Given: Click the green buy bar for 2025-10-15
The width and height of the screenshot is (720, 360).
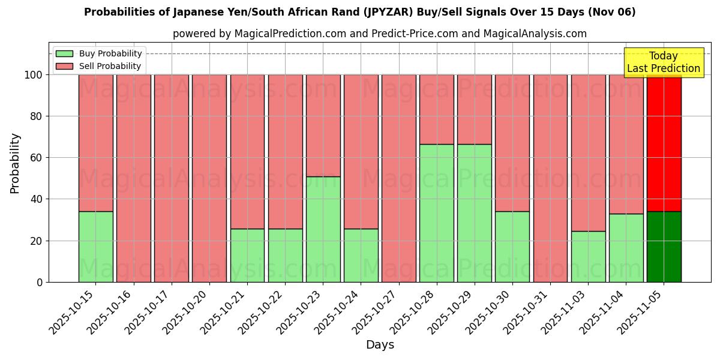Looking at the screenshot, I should [95, 247].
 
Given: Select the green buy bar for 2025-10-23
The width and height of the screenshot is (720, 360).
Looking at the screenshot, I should [323, 229].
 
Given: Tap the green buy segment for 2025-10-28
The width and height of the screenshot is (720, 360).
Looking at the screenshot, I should [437, 213].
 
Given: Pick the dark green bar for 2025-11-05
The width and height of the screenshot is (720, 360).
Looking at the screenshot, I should [664, 247].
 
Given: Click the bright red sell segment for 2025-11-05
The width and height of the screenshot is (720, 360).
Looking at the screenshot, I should [664, 143].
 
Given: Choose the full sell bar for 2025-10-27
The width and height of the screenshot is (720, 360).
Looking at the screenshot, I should [399, 178].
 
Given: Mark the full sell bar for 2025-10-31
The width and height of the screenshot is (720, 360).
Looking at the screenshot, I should [550, 178].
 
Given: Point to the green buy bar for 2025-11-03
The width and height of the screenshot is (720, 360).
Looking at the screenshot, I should [588, 256].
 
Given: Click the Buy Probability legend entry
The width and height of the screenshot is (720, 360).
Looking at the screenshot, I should [99, 54].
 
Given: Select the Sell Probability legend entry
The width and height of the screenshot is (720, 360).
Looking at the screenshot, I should [99, 66].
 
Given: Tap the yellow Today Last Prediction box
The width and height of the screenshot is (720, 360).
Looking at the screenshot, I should [664, 62].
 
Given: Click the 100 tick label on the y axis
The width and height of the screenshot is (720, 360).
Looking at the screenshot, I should [32, 75].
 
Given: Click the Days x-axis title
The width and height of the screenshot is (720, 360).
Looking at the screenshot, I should [380, 345].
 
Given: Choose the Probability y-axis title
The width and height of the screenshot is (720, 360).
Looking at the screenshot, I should [15, 163].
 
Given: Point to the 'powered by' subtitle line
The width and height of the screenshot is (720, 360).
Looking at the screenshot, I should [380, 34].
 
